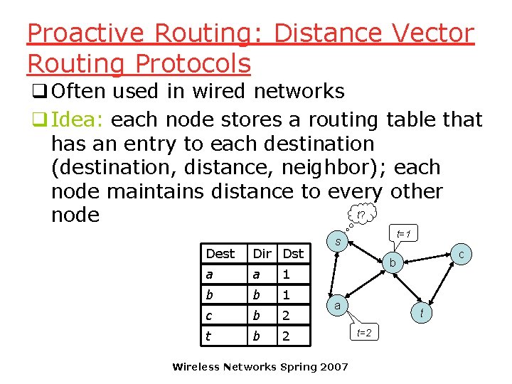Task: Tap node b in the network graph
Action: point(391,264)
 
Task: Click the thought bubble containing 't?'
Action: point(361,214)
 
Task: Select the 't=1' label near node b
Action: point(406,234)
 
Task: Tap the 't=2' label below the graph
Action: point(363,332)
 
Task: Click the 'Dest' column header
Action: point(220,253)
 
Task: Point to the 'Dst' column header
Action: point(293,253)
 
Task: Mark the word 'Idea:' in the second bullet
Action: point(79,119)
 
